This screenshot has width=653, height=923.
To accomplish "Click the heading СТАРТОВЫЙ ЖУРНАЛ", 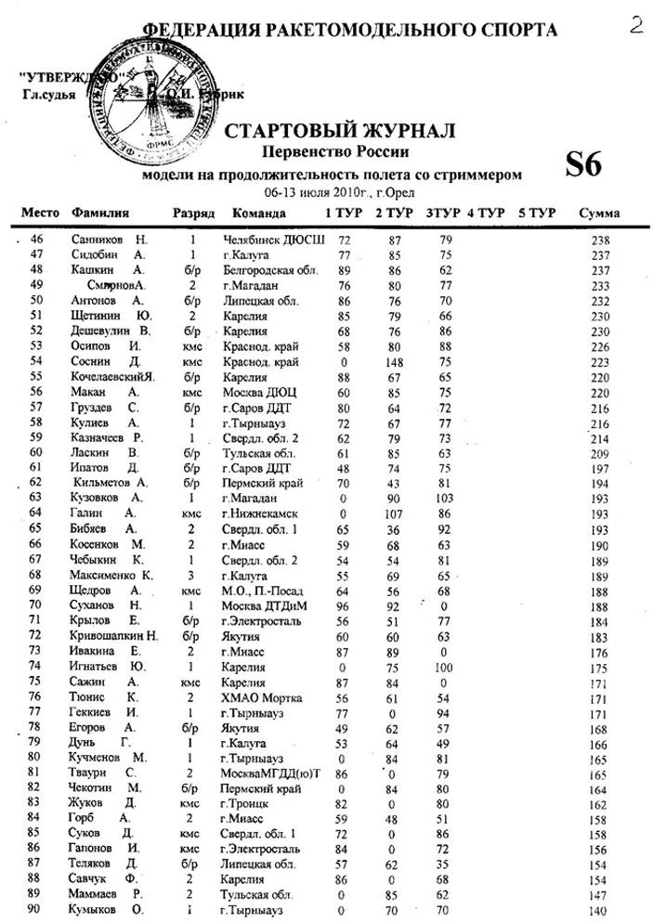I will [340, 131].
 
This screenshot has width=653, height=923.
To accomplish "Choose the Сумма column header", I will [599, 214].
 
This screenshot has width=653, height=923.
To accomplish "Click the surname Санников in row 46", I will [98, 240].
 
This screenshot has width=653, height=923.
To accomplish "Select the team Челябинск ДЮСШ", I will [275, 240].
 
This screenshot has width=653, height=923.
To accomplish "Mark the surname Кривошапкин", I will [108, 635].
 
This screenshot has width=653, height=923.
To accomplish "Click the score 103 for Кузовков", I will [446, 498].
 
